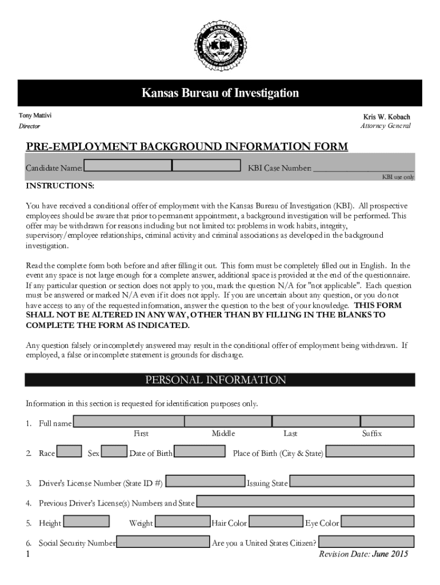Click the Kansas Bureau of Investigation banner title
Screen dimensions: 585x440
[x=220, y=93]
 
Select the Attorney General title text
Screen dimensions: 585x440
[x=385, y=126]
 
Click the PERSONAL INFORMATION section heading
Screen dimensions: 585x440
[x=215, y=380]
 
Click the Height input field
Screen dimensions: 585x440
[x=86, y=522]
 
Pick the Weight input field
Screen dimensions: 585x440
[x=182, y=522]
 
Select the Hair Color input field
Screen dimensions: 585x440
[x=276, y=522]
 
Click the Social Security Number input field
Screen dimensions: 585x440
[x=163, y=542]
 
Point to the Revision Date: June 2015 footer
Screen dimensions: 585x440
[x=363, y=554]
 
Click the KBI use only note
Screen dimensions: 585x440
[x=398, y=177]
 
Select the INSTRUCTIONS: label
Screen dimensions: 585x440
[x=60, y=187]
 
